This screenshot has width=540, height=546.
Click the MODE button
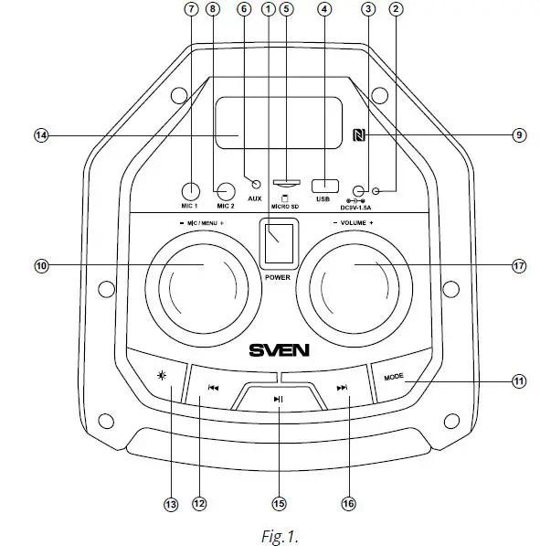[x=394, y=376]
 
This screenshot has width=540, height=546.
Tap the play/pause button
[x=279, y=399]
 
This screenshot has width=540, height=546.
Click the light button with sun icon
[x=162, y=376]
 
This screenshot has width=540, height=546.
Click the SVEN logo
[x=279, y=349]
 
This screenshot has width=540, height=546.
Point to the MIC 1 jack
[x=191, y=191]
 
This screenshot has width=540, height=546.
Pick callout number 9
[x=518, y=135]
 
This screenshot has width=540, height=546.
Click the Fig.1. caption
[x=279, y=530]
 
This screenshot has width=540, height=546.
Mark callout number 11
[x=519, y=382]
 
